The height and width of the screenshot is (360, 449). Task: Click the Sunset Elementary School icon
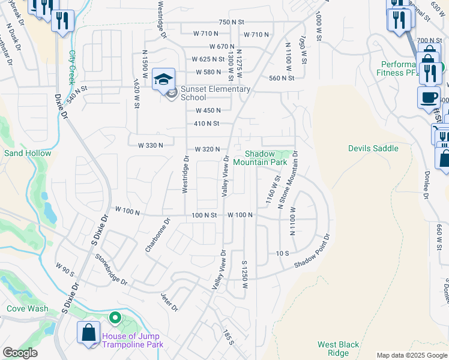pyautogui.click(x=163, y=79)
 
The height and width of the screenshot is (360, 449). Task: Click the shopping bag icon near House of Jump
pyautogui.click(x=89, y=333)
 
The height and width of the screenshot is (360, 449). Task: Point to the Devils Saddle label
pyautogui.click(x=373, y=148)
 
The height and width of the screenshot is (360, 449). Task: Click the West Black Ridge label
pyautogui.click(x=339, y=349)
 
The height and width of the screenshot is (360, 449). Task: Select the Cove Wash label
pyautogui.click(x=27, y=308)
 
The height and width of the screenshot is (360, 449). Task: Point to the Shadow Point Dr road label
pyautogui.click(x=312, y=252)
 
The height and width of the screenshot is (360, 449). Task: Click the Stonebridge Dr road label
pyautogui.click(x=112, y=269)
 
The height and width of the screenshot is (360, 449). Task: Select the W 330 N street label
pyautogui.click(x=151, y=145)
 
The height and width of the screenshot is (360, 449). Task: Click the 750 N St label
pyautogui.click(x=232, y=22)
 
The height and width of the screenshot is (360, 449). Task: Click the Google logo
pyautogui.click(x=20, y=353)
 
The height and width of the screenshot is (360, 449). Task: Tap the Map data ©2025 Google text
pyautogui.click(x=412, y=355)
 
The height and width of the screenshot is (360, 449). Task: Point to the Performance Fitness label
pyautogui.click(x=399, y=68)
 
